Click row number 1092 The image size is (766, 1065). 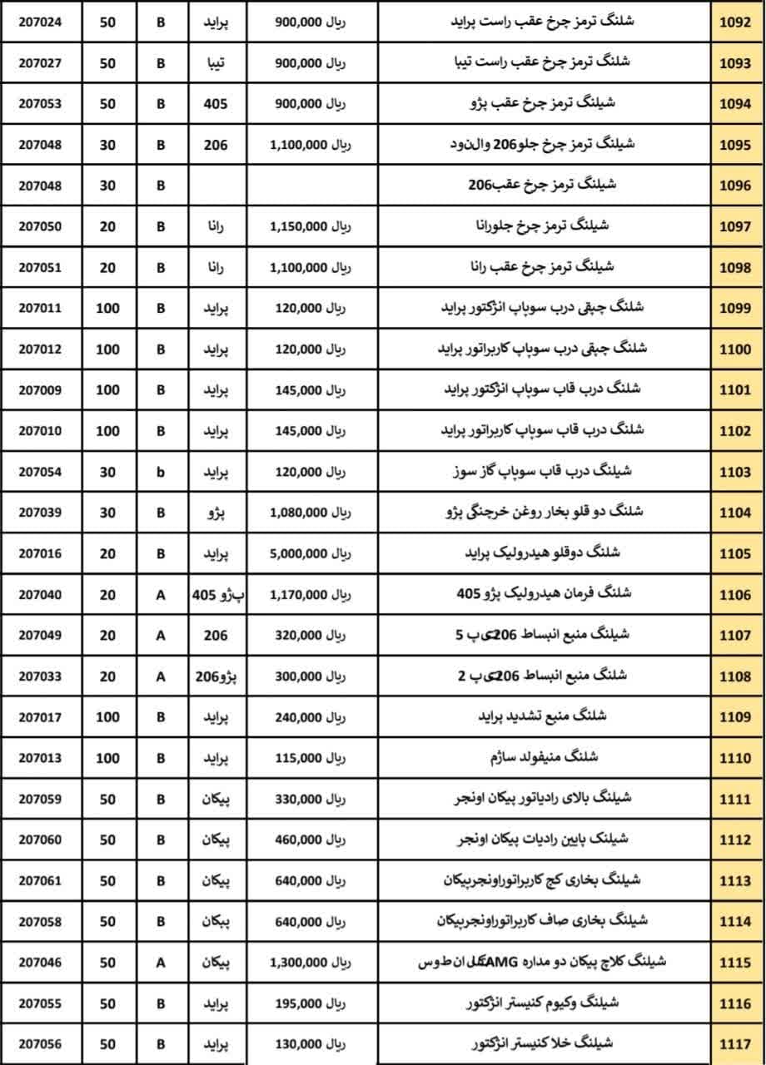736,22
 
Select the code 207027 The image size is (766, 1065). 40,62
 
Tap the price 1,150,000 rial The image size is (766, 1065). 310,225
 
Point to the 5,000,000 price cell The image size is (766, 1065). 310,553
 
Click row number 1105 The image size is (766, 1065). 736,553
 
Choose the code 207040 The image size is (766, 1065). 40,594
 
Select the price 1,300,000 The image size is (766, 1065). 310,963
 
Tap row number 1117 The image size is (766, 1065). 736,1044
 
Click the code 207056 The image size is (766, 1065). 40,1044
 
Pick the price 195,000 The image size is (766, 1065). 310,1003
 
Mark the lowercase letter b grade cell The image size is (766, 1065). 162,472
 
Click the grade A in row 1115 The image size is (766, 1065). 162,963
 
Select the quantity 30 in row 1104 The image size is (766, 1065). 108,513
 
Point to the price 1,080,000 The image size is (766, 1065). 310,513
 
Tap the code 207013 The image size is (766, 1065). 40,758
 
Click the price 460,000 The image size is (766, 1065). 310,840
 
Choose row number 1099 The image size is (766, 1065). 736,308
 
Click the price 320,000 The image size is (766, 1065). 310,635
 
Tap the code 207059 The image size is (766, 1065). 40,799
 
